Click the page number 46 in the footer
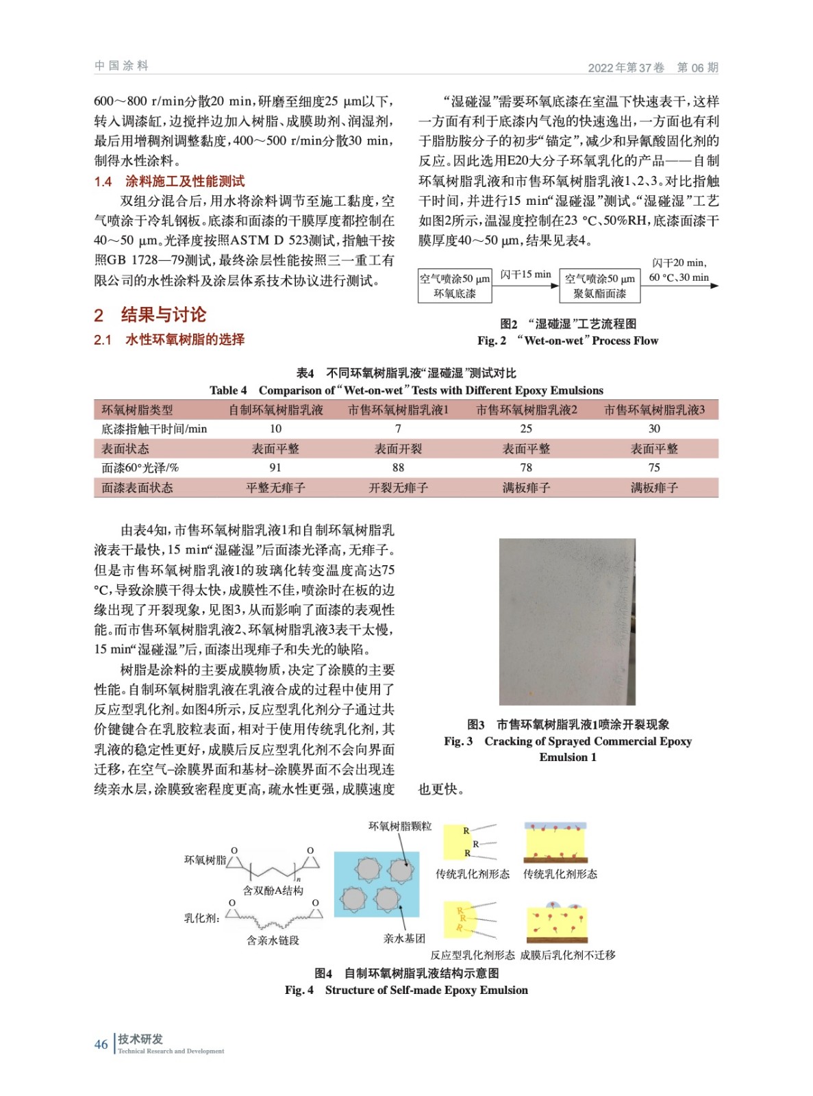click(101, 1044)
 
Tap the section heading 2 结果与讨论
click(150, 315)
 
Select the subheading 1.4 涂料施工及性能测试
click(169, 182)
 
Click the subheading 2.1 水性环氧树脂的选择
click(169, 340)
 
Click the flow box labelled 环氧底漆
click(454, 286)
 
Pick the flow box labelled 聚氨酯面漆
click(600, 286)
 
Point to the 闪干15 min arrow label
click(525, 275)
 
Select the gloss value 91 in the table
click(275, 468)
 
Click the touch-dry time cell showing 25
click(526, 429)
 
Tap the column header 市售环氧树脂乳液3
click(654, 410)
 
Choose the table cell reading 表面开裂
click(398, 449)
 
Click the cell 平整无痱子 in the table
click(275, 488)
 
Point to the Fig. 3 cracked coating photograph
click(567, 621)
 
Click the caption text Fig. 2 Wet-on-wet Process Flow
click(568, 340)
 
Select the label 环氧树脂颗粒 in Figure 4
click(400, 826)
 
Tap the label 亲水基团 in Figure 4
click(404, 938)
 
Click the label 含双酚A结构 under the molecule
click(273, 891)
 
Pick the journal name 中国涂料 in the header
click(121, 66)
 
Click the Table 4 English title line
click(406, 390)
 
